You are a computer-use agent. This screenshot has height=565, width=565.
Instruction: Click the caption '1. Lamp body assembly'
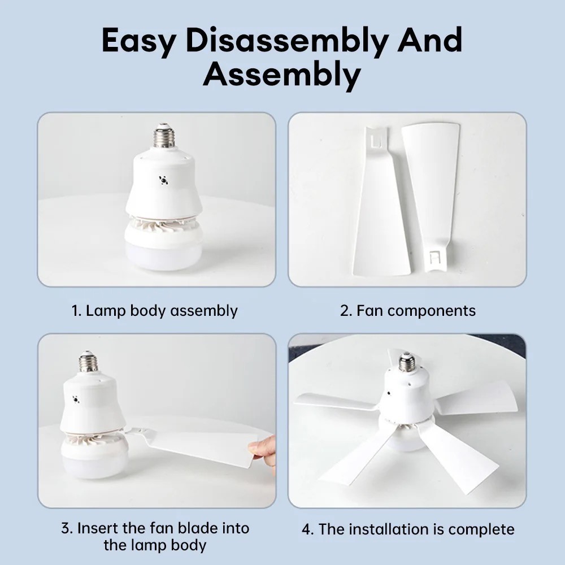155,311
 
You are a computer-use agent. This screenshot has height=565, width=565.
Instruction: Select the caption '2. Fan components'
407,311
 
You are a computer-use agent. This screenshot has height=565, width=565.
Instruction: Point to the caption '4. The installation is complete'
408,529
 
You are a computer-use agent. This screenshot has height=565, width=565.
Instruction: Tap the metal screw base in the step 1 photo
164,136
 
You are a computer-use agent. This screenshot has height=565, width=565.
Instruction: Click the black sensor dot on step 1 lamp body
163,180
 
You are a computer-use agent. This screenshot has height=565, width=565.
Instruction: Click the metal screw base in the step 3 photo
89,362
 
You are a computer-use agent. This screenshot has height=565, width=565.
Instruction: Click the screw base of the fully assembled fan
406,362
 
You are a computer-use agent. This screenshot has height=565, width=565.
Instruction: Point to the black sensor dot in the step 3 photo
76,399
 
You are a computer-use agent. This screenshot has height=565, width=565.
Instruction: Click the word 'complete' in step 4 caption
481,530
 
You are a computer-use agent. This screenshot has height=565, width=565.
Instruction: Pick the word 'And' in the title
429,41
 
